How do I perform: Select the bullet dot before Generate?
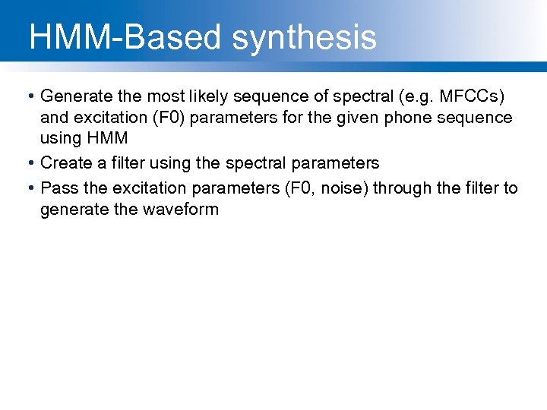click(x=28, y=96)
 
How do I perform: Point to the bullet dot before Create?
click(x=28, y=163)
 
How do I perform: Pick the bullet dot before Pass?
click(x=28, y=188)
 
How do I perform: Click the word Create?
click(x=66, y=163)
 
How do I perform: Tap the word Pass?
click(x=58, y=188)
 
